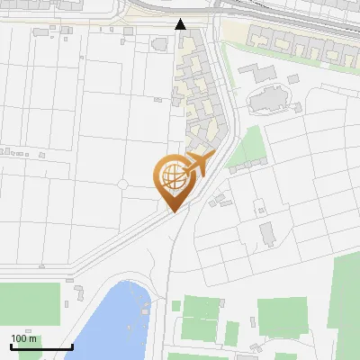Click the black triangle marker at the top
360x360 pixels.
[181, 24]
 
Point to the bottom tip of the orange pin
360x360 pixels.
[172, 211]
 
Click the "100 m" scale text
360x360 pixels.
[24, 338]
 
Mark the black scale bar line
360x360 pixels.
[40, 346]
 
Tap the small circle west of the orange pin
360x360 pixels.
[123, 184]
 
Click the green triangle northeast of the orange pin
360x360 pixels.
[248, 148]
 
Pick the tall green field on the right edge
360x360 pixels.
[346, 292]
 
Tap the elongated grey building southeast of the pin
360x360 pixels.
[268, 235]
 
